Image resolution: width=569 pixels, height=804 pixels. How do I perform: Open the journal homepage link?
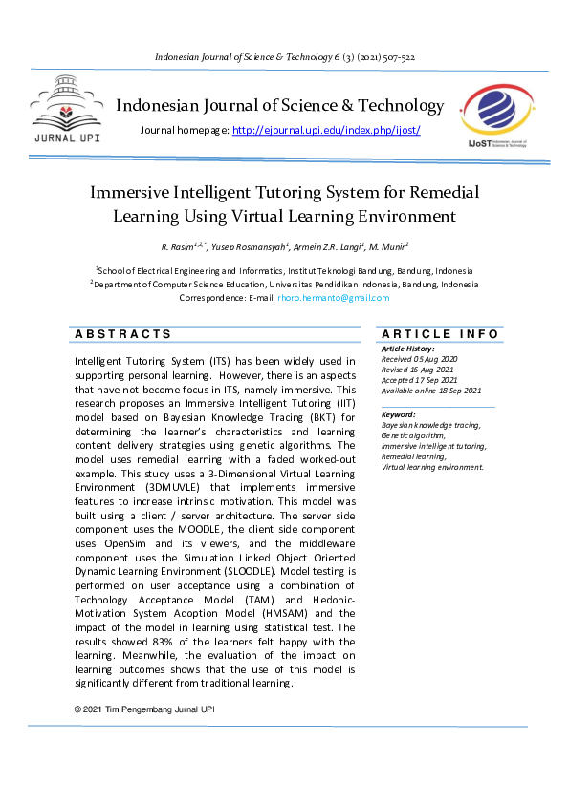pyautogui.click(x=326, y=130)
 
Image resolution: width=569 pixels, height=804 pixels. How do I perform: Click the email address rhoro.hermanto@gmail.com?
pyautogui.click(x=334, y=298)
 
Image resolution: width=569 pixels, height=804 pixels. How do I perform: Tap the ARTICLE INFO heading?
pyautogui.click(x=439, y=334)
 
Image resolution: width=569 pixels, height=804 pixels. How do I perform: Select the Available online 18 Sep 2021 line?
pyautogui.click(x=431, y=391)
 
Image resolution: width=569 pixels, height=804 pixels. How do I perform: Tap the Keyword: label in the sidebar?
pyautogui.click(x=398, y=414)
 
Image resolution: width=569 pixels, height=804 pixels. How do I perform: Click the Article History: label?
pyautogui.click(x=407, y=349)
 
